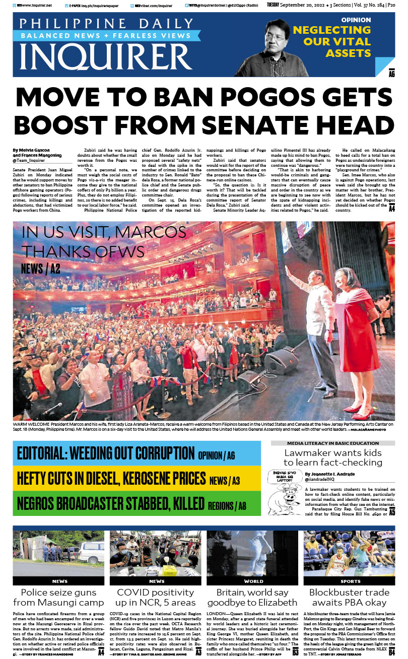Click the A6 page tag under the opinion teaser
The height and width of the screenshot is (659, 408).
pyautogui.click(x=391, y=75)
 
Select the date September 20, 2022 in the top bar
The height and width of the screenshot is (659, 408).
pyautogui.click(x=301, y=5)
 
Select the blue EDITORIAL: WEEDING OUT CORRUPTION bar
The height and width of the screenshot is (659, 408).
pyautogui.click(x=137, y=453)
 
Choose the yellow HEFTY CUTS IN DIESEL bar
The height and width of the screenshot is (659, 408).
pyautogui.click(x=137, y=478)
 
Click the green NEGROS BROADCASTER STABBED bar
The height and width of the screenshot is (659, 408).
pyautogui.click(x=137, y=503)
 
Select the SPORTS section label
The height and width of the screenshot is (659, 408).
pyautogui.click(x=349, y=581)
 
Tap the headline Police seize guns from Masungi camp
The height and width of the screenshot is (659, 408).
pyautogui.click(x=58, y=597)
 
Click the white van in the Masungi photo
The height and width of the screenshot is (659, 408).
pyautogui.click(x=91, y=553)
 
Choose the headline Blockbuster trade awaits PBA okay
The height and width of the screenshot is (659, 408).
pyautogui.click(x=349, y=597)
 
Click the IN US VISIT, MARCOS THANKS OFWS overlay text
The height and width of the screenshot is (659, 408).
pyautogui.click(x=104, y=241)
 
